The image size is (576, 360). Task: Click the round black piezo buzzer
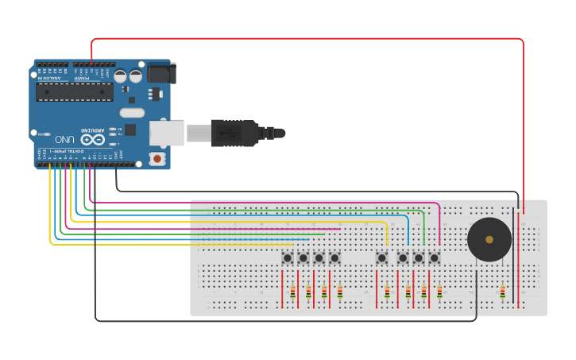click(x=489, y=239)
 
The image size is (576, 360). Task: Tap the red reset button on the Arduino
click(x=157, y=159)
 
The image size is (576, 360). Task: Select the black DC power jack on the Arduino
click(x=161, y=72)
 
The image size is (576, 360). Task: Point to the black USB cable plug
click(x=234, y=133)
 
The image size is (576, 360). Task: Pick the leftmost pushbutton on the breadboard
click(x=287, y=257)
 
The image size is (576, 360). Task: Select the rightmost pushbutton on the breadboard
click(x=435, y=257)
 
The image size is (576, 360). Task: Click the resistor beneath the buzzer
click(x=502, y=292)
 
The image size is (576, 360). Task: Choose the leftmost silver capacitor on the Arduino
click(x=120, y=76)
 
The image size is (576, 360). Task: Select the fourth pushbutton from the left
click(x=335, y=257)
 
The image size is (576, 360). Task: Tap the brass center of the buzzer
click(x=489, y=239)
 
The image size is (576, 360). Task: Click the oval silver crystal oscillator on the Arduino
click(x=132, y=112)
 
